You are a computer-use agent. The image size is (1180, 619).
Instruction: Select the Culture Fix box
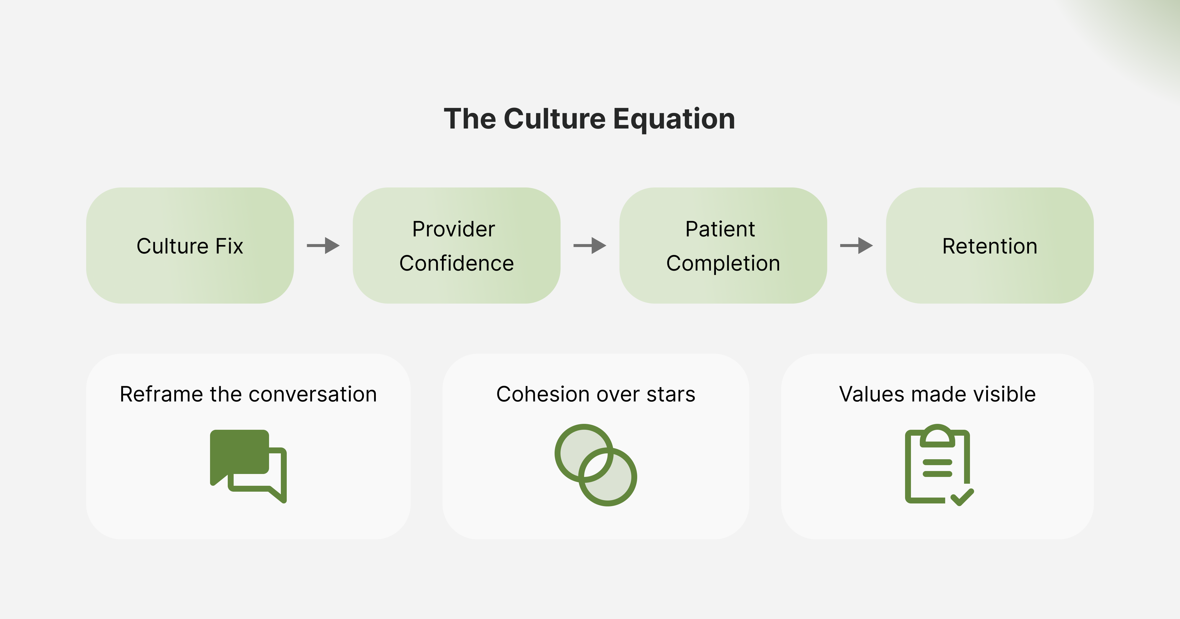190,246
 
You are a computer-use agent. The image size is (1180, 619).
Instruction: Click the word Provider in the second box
453,229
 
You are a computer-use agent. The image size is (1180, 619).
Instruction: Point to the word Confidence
456,263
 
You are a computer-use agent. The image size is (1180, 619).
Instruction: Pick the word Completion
723,263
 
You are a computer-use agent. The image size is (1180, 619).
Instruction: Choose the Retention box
989,246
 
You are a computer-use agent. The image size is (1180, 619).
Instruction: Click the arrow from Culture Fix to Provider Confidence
323,246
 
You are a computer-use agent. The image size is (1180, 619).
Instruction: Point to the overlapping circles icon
596,465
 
